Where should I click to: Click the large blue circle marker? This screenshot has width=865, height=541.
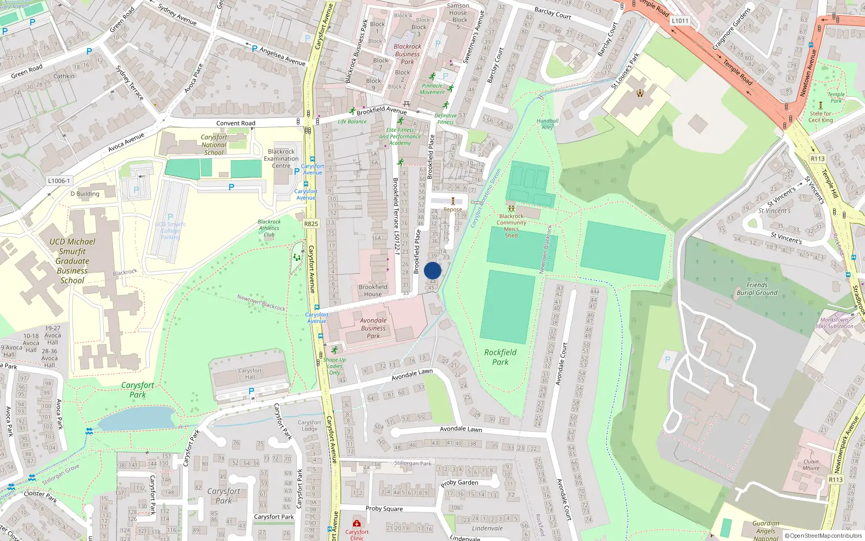click(x=432, y=270)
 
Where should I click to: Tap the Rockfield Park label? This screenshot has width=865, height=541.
click(x=500, y=357)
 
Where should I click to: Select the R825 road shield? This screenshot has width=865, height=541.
click(x=311, y=223)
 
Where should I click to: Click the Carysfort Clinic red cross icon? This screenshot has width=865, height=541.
click(x=357, y=523)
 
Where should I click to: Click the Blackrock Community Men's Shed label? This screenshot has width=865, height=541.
click(x=511, y=226)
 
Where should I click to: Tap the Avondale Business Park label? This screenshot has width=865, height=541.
click(x=373, y=328)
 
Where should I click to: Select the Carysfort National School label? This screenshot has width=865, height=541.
click(x=214, y=144)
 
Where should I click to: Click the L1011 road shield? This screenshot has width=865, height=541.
click(x=680, y=21)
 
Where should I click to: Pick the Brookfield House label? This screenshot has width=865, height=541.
click(x=372, y=291)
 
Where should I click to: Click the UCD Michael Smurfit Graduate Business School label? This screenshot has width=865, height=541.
click(x=72, y=261)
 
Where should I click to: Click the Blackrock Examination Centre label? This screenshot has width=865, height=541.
click(x=281, y=159)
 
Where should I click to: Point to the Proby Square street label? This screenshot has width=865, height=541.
click(x=384, y=509)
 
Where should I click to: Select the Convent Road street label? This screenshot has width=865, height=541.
click(x=236, y=123)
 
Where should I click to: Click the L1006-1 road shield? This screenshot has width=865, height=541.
click(x=59, y=181)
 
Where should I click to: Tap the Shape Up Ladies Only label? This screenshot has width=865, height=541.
click(x=335, y=366)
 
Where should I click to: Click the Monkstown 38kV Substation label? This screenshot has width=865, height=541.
click(x=834, y=323)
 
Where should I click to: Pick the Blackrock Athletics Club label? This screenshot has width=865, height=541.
click(x=269, y=228)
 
